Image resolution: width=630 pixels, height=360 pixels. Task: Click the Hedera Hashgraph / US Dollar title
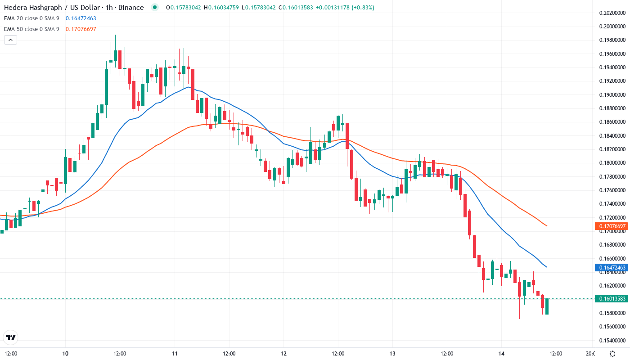coord(74,8)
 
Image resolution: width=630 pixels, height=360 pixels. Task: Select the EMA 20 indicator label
coord(31,18)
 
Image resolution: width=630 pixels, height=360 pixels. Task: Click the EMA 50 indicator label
coord(31,29)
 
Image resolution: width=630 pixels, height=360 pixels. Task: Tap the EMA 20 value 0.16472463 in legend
coord(81,18)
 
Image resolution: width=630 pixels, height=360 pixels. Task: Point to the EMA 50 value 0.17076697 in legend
coord(81,29)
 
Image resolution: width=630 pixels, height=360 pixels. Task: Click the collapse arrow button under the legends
coord(10,40)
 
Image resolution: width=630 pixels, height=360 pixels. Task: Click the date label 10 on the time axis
coord(65,353)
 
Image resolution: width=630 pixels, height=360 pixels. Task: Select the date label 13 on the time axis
coord(392,353)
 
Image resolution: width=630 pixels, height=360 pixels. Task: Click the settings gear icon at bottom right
coord(612,353)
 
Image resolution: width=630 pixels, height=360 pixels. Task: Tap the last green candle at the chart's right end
coord(547,306)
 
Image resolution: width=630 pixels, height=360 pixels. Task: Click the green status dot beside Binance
coord(155,7)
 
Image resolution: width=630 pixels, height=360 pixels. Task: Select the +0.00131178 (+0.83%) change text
coord(345,8)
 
